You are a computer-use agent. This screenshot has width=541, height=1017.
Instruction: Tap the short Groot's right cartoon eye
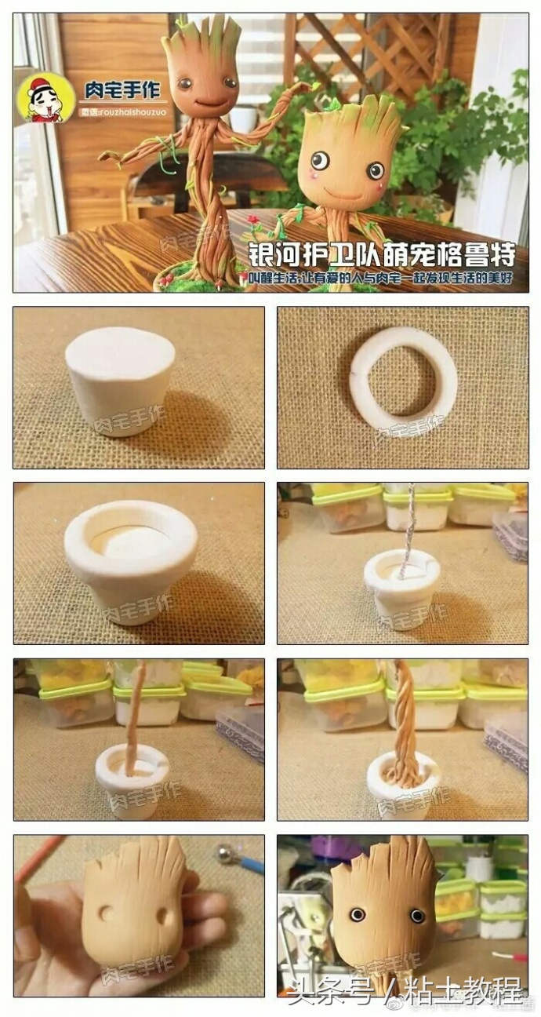click(x=376, y=169)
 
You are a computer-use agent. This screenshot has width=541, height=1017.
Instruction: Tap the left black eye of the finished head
click(x=358, y=914)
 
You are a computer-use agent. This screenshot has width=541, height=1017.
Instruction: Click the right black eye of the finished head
click(x=417, y=916)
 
